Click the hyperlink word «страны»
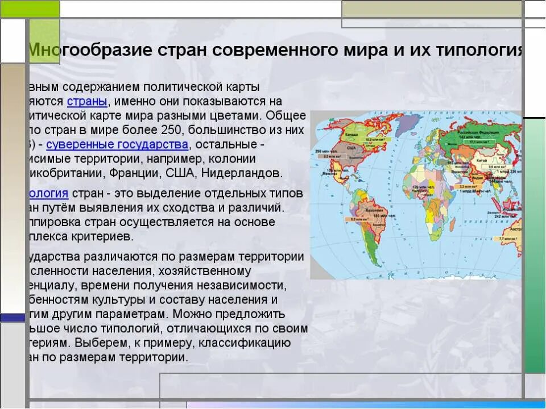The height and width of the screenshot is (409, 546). (86, 102)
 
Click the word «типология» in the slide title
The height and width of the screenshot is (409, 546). (479, 50)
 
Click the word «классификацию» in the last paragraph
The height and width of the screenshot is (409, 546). (250, 343)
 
